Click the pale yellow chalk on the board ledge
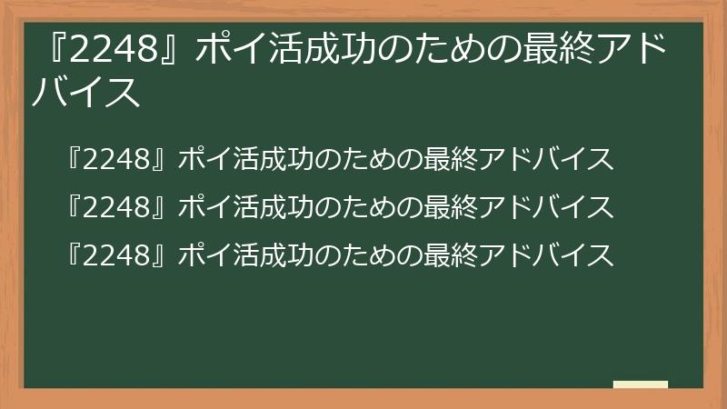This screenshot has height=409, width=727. (641, 384)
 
